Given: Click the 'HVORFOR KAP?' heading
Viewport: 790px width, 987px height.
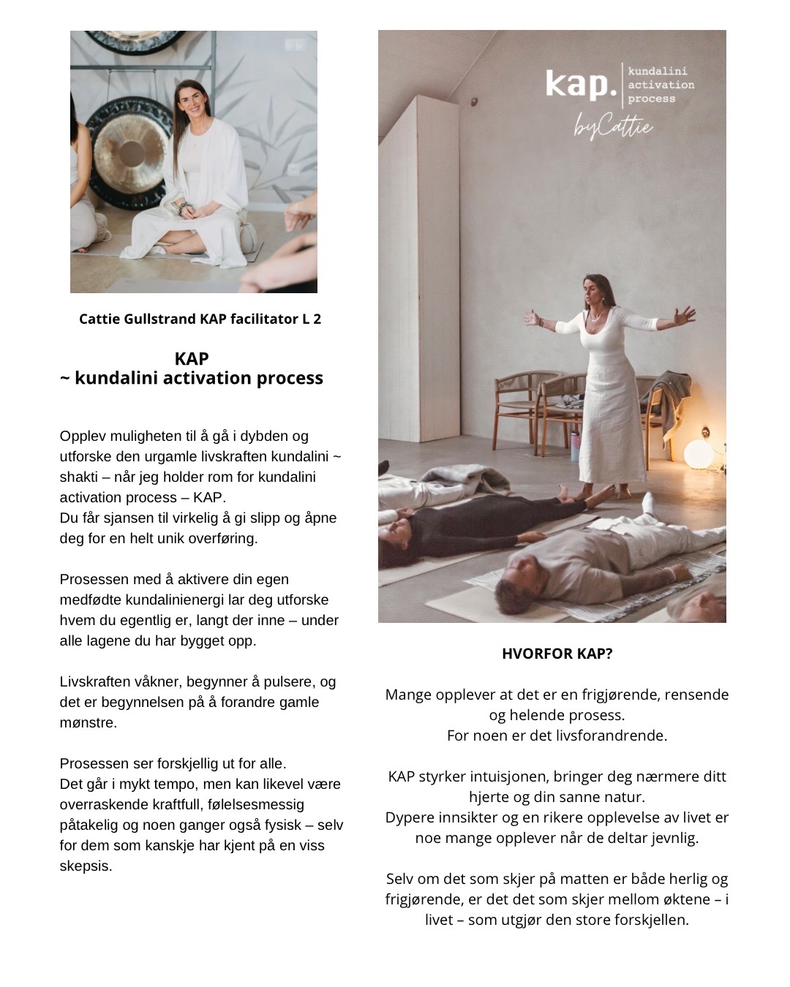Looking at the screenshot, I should tap(557, 654).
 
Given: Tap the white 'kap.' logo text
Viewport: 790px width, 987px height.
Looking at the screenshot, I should tap(581, 84).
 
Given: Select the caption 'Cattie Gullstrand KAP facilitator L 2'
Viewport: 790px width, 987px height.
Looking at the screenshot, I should tap(200, 319).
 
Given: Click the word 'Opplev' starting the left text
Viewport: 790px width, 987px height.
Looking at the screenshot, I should tap(83, 436).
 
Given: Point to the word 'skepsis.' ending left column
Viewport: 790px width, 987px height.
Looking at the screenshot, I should tap(86, 866).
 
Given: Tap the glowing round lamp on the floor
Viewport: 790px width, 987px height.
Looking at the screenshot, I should tap(698, 454).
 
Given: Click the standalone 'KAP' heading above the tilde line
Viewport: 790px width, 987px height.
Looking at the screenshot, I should tap(192, 359).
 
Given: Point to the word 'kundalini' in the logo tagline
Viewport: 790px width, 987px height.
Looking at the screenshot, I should tap(658, 72).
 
